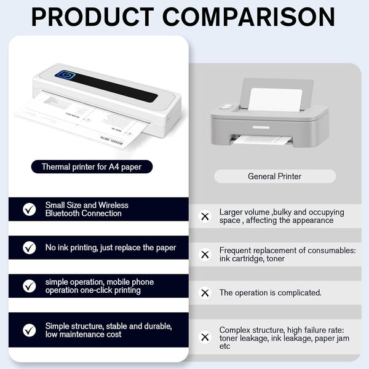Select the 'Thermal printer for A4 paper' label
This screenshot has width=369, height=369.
[92, 167]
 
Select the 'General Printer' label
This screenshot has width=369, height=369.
[274, 177]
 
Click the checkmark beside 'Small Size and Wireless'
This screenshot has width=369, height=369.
[30, 209]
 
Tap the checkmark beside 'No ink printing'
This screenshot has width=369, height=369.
[30, 248]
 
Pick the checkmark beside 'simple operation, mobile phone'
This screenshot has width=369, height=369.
[30, 286]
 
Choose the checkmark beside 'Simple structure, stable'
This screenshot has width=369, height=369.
[30, 330]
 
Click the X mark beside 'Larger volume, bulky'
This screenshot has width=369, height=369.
[205, 216]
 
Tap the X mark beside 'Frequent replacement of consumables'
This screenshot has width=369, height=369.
[205, 255]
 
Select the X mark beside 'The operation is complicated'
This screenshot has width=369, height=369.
[205, 293]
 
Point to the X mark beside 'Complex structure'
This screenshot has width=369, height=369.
[205, 337]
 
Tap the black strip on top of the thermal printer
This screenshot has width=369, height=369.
[117, 87]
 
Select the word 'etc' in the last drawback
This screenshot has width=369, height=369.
[226, 346]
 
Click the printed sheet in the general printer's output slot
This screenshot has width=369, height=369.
[261, 140]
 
